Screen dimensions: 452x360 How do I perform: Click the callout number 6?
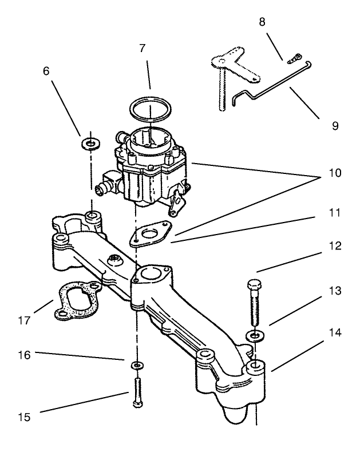click(46, 71)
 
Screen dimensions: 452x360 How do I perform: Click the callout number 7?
click(143, 49)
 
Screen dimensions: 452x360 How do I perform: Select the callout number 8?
click(262, 22)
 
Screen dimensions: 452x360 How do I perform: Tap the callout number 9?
click(335, 125)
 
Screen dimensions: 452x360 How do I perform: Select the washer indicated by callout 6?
click(89, 142)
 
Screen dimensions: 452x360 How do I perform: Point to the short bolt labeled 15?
click(137, 392)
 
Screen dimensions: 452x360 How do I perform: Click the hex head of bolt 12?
click(255, 284)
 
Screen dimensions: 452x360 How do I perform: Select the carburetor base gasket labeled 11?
click(149, 235)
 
